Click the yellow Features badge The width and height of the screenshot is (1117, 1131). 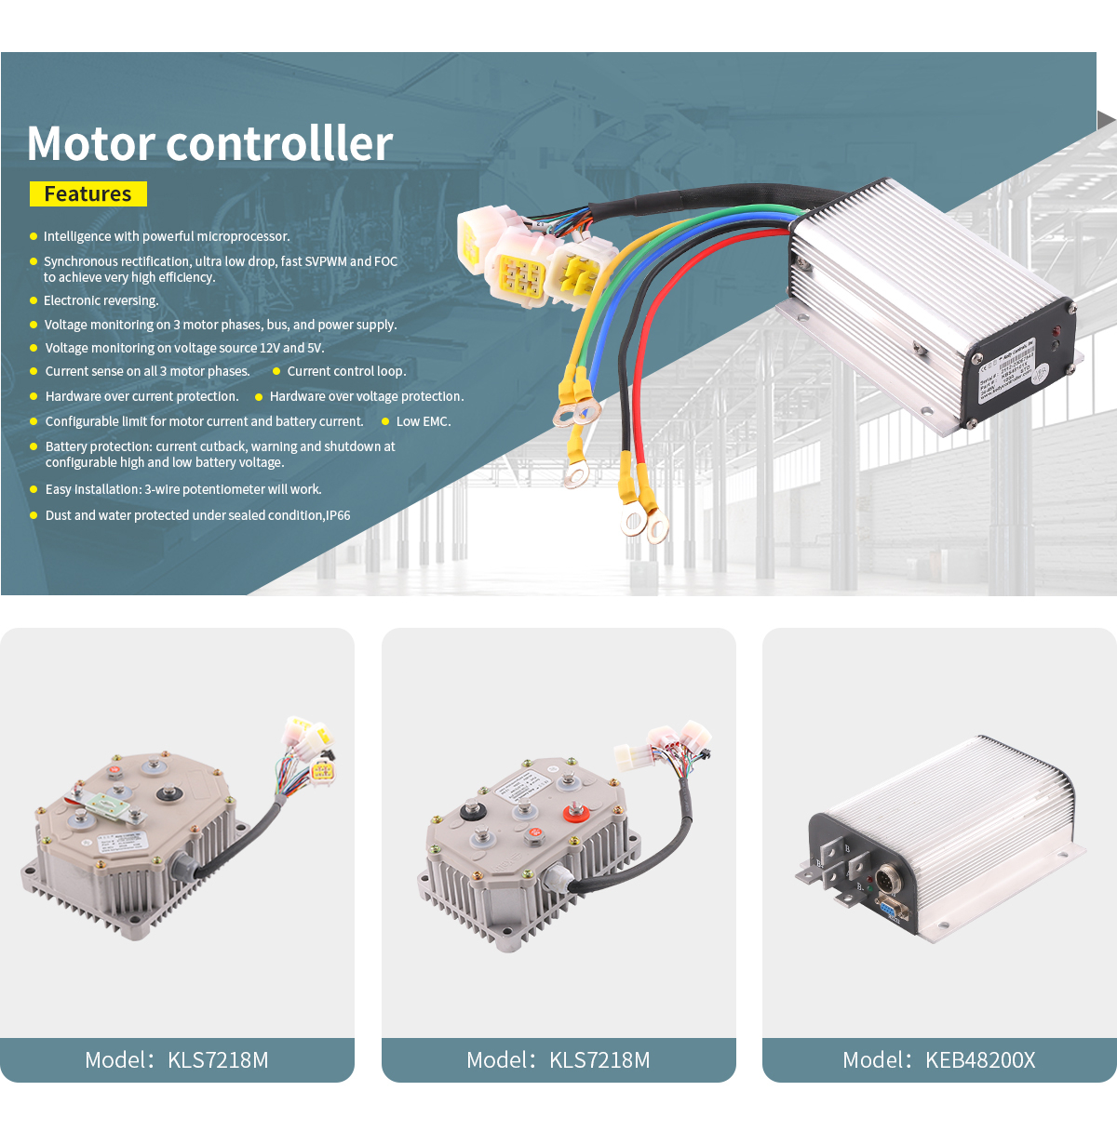(88, 193)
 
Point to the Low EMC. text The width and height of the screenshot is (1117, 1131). (424, 421)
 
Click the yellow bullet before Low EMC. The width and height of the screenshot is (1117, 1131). (385, 421)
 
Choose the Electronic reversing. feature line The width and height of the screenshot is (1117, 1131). (101, 300)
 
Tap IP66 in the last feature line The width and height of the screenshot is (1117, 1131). (338, 515)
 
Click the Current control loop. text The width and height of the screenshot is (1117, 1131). (346, 371)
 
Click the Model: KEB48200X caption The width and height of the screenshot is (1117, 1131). (938, 1060)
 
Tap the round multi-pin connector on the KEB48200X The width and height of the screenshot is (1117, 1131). (886, 876)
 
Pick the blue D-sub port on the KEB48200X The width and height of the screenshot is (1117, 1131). (890, 909)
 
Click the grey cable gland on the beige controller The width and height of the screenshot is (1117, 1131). (182, 867)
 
